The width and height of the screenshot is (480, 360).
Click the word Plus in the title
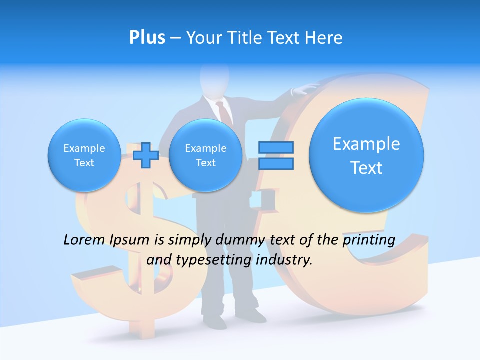click(147, 38)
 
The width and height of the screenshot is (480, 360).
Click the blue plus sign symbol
click(146, 155)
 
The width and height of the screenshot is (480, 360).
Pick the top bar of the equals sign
click(275, 147)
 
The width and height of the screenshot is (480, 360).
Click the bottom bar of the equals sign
click(275, 163)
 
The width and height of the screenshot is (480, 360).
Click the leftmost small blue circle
click(84, 155)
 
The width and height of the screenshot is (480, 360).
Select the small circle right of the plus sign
click(205, 155)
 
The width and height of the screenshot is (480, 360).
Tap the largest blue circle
click(366, 155)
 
